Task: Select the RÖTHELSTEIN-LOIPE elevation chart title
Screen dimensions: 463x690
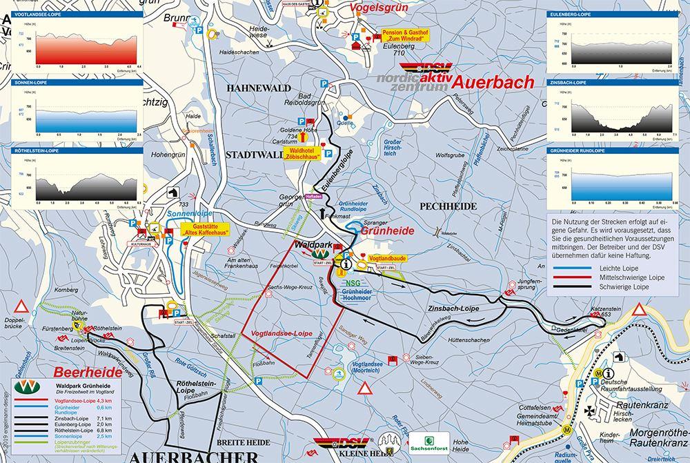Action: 34,150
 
